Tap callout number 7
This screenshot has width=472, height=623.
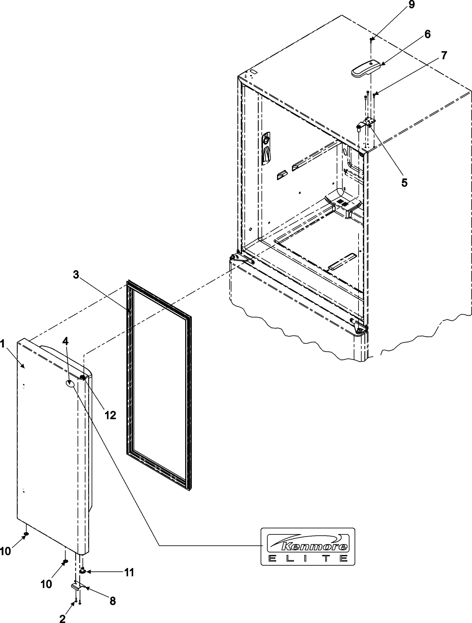pos(444,55)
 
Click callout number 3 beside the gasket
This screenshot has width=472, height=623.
pos(76,275)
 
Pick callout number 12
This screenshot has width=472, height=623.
pos(110,415)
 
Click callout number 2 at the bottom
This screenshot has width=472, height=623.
pos(62,617)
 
